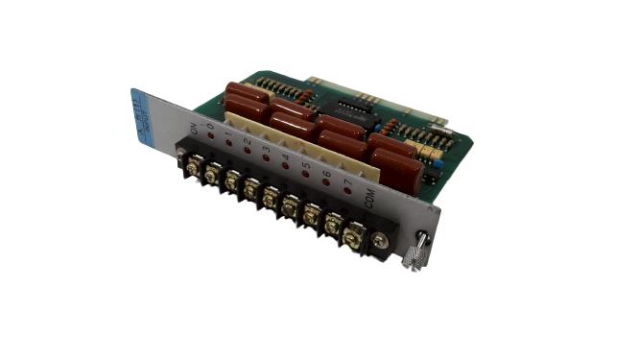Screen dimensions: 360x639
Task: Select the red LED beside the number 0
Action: [208, 135]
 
